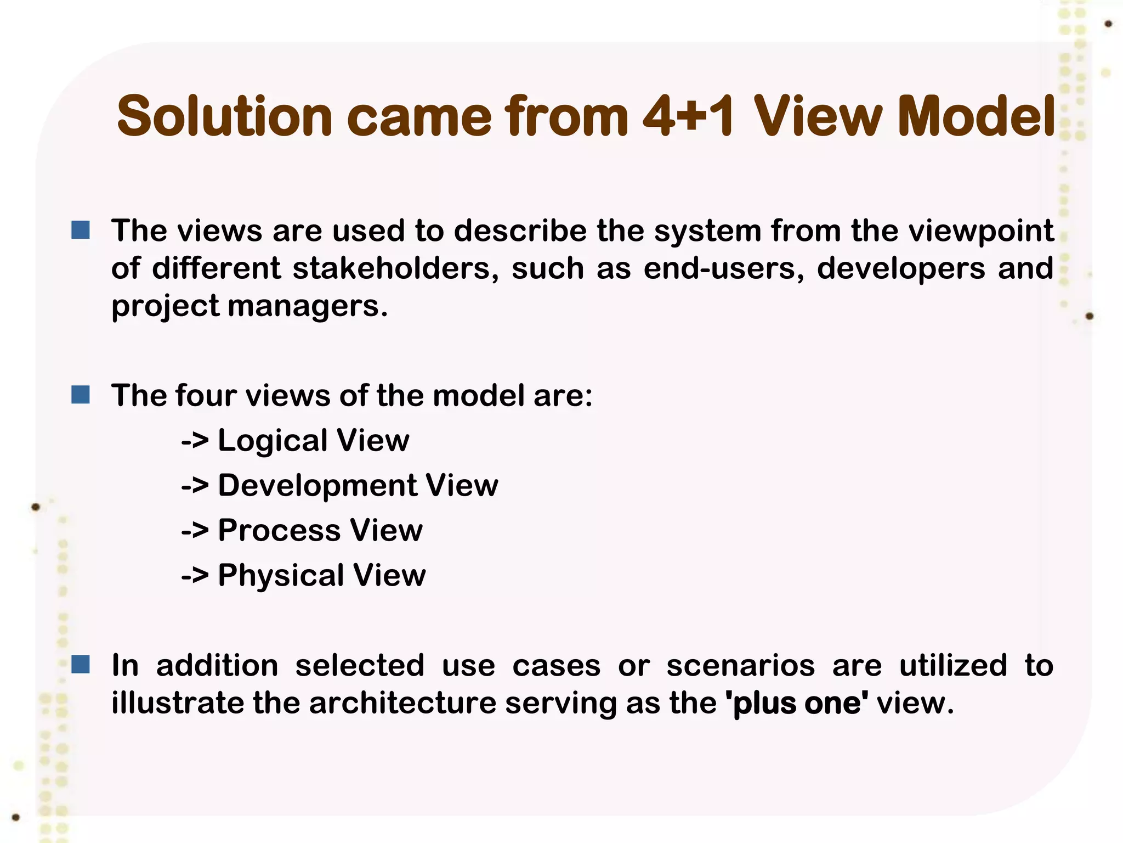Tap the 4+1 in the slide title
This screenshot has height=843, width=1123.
(x=688, y=116)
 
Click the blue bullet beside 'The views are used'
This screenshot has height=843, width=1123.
(x=81, y=230)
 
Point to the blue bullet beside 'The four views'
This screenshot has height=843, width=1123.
(x=81, y=395)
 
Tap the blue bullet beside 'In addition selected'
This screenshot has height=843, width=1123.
(x=81, y=665)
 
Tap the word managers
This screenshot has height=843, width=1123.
(x=307, y=306)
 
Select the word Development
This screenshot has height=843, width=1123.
(x=317, y=486)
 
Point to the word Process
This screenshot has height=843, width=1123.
(x=279, y=531)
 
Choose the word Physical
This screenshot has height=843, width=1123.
(x=281, y=576)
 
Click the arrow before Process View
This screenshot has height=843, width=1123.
(x=195, y=531)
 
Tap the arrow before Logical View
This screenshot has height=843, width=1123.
(x=195, y=441)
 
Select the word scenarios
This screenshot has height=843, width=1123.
(x=740, y=666)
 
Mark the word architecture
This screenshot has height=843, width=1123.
(x=402, y=703)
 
